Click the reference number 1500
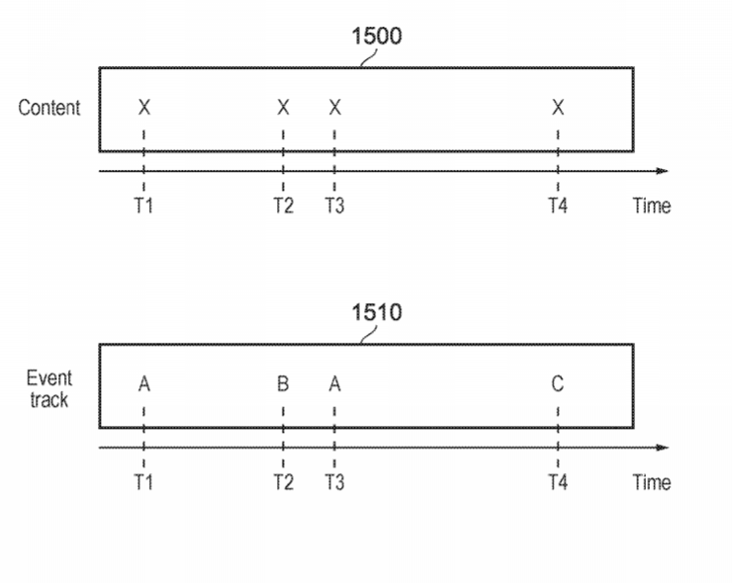[376, 36]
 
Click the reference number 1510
[376, 312]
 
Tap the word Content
[49, 108]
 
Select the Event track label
[49, 389]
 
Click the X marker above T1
[144, 108]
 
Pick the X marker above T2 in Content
[283, 108]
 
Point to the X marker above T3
[334, 108]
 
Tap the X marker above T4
[558, 108]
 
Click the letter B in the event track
[283, 383]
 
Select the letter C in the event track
[557, 383]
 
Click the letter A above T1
[144, 384]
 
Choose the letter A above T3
[334, 384]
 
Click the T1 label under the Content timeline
[143, 206]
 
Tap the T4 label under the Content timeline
[558, 206]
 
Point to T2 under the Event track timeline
[283, 482]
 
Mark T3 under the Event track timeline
[334, 482]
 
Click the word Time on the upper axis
[652, 206]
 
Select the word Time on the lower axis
[652, 482]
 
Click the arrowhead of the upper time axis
[663, 171]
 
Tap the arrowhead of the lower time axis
[663, 448]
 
